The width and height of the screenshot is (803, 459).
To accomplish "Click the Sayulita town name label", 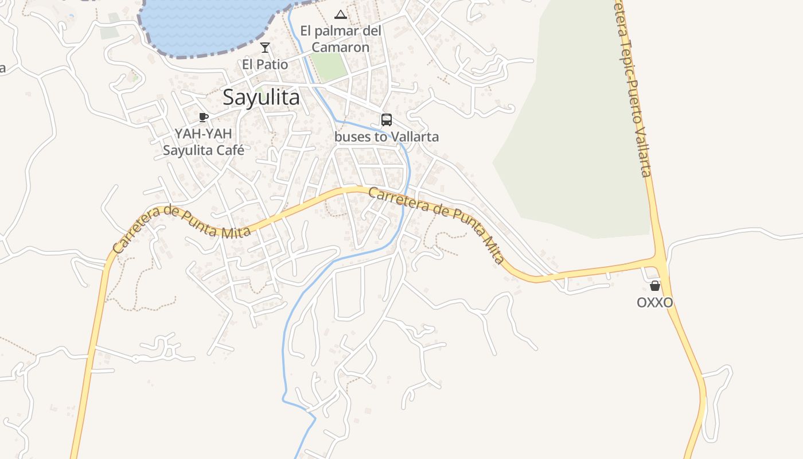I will pyautogui.click(x=261, y=98).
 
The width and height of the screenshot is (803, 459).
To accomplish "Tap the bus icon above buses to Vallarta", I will pyautogui.click(x=387, y=120).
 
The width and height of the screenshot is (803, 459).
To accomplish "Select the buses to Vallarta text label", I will pyautogui.click(x=387, y=137).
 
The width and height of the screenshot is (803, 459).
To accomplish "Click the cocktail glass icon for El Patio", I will pyautogui.click(x=264, y=48).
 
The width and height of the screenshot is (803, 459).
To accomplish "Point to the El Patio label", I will pyautogui.click(x=265, y=64).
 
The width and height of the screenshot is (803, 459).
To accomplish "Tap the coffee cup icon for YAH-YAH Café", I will pyautogui.click(x=203, y=118).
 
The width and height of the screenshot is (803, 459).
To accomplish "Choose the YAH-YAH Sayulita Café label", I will pyautogui.click(x=204, y=142).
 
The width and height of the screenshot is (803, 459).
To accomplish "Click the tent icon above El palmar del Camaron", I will pyautogui.click(x=341, y=14).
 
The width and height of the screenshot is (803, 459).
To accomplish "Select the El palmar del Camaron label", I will pyautogui.click(x=341, y=39).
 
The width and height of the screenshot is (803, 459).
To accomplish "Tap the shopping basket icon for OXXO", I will pyautogui.click(x=655, y=286).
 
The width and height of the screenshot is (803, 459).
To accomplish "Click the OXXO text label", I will pyautogui.click(x=654, y=302).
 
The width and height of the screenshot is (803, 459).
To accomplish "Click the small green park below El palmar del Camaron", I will pyautogui.click(x=330, y=67).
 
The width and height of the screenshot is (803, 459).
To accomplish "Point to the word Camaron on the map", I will pyautogui.click(x=341, y=47).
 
